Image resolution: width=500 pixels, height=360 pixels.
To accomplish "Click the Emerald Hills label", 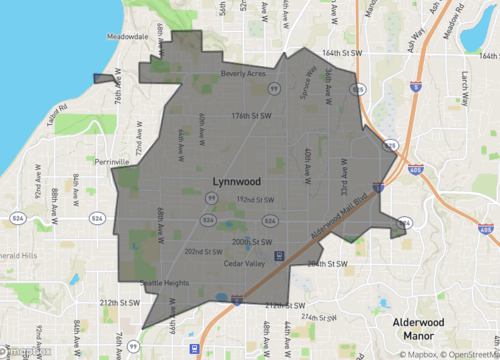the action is [17, 254].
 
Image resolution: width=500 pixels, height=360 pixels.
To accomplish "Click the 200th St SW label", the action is [252, 242].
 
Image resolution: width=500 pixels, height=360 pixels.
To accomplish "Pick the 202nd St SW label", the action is [202, 252].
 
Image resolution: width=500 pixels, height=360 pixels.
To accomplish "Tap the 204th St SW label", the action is [327, 264].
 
